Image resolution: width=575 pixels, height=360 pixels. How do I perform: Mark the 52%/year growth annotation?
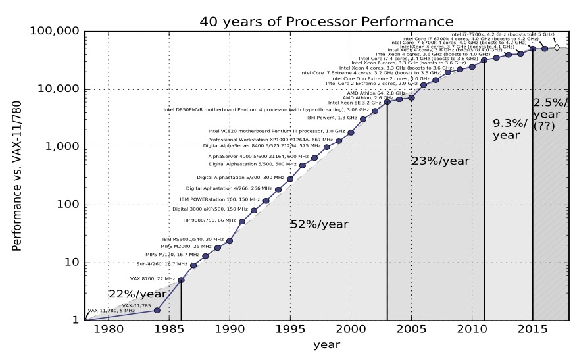pos(319,224)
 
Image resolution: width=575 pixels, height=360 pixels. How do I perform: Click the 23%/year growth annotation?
pos(441,161)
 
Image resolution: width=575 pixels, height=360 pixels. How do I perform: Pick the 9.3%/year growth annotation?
pos(511,129)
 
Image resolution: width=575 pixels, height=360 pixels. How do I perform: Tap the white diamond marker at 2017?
pos(557,47)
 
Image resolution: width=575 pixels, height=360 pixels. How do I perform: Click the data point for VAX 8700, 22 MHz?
pos(181,280)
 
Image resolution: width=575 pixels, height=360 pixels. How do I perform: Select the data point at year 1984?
pos(157,310)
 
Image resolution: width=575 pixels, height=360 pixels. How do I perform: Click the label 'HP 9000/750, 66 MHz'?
pos(209,220)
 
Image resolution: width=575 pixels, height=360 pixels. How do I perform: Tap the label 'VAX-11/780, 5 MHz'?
pos(111,311)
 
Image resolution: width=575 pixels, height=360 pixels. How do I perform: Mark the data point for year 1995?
pos(290,178)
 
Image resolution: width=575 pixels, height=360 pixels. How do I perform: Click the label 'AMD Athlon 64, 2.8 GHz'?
pos(376,93)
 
